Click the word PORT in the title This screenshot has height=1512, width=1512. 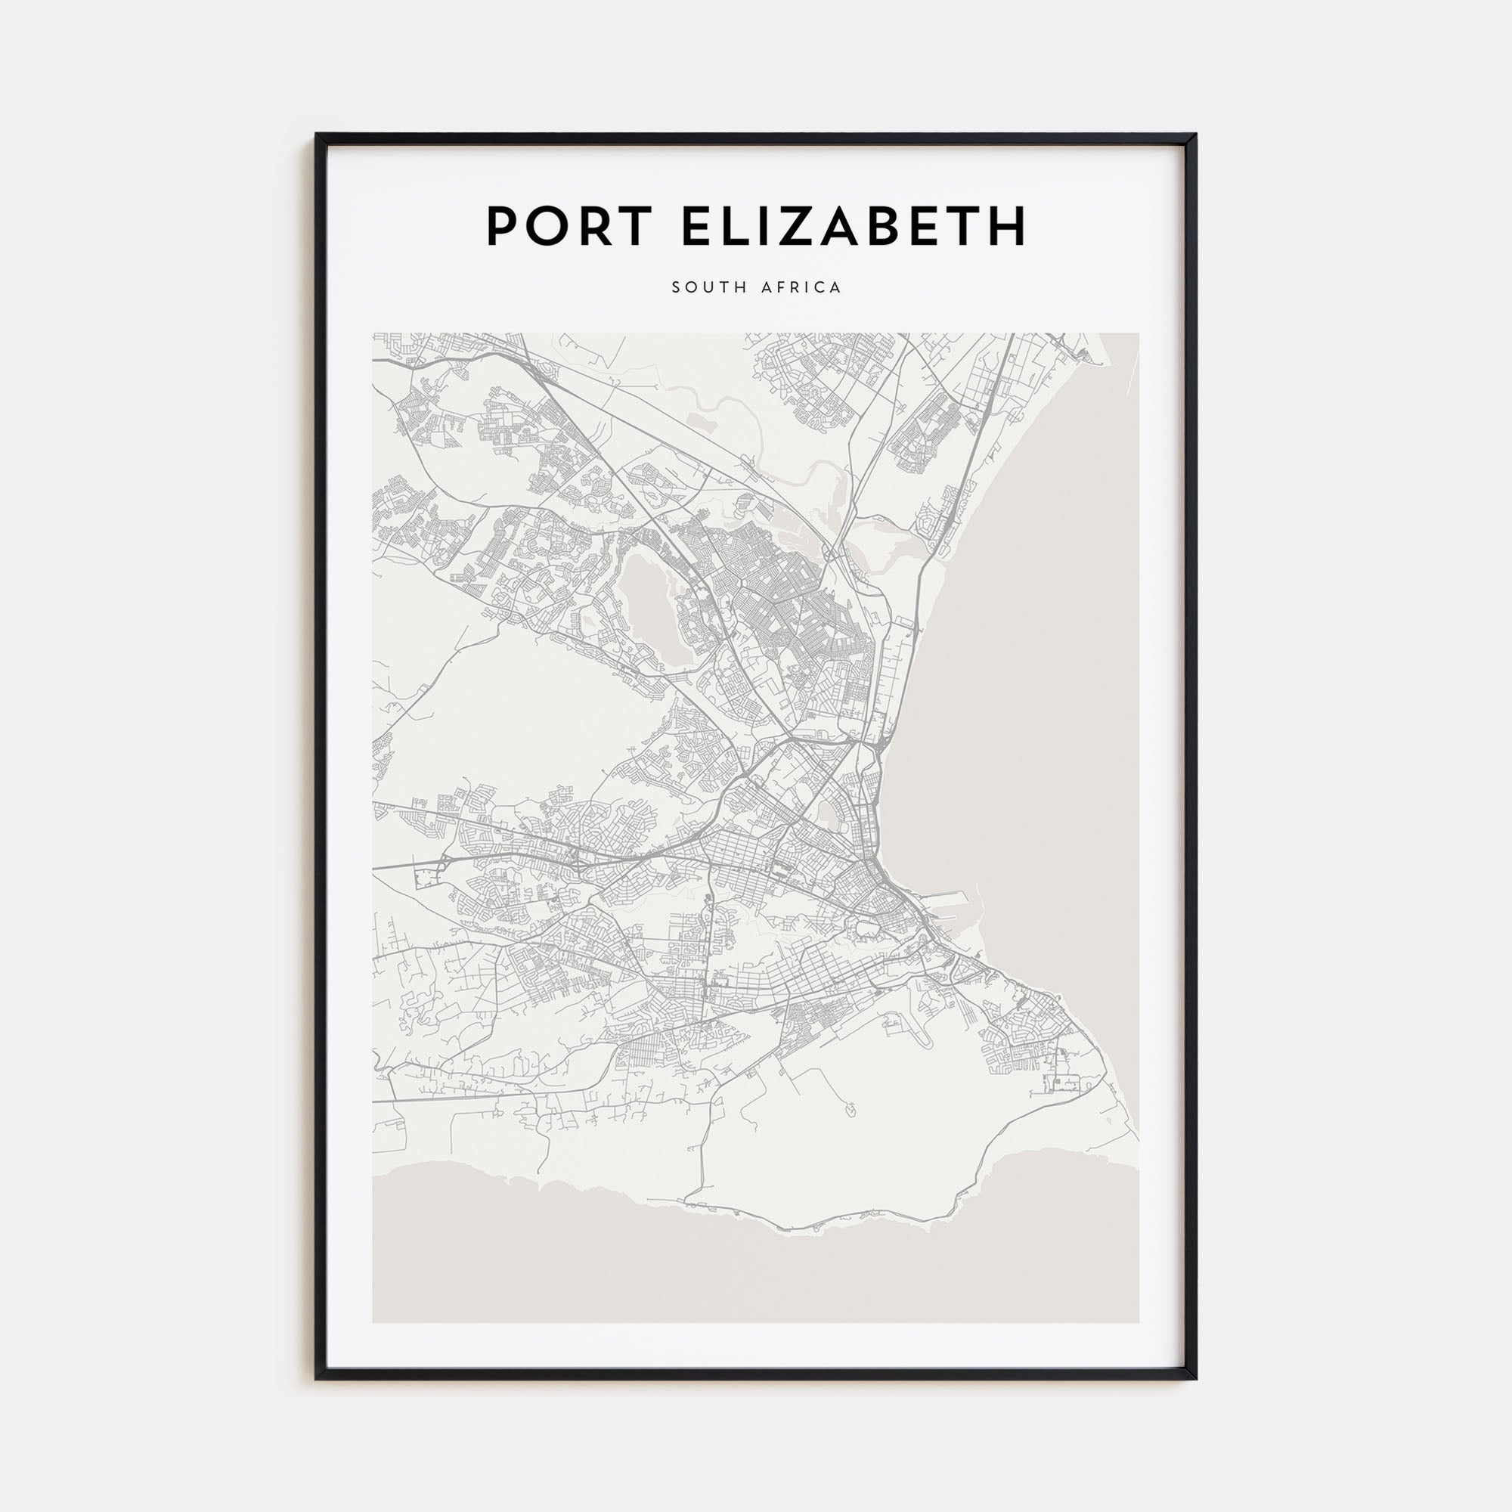click(x=569, y=226)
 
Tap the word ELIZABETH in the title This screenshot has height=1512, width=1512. click(x=854, y=226)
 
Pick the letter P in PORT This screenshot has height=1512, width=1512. click(x=504, y=226)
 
